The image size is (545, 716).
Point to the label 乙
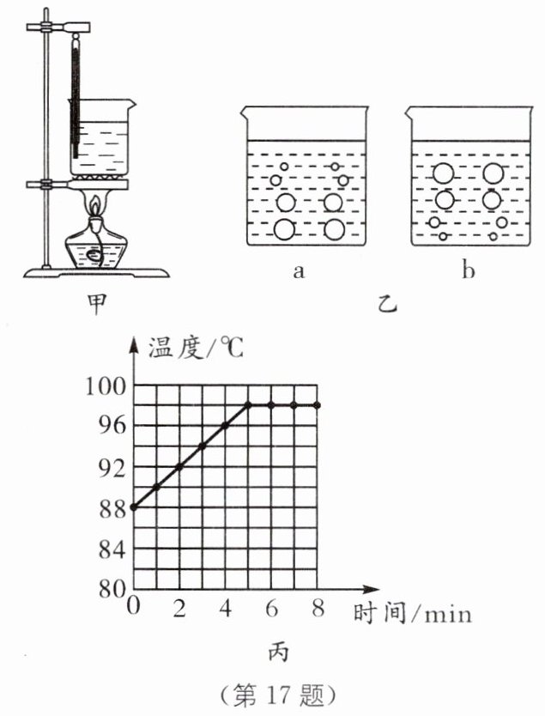[x=385, y=302]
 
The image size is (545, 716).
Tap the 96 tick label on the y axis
[x=113, y=427]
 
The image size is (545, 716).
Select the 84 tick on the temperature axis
[x=113, y=549]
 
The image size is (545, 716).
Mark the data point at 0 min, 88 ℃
[x=133, y=507]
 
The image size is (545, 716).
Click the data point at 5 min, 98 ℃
[x=248, y=405]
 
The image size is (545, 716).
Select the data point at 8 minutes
[x=318, y=405]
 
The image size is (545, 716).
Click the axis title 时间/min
[x=411, y=613]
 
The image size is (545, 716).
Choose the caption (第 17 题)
[x=274, y=695]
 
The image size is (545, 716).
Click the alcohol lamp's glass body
[x=97, y=249]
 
